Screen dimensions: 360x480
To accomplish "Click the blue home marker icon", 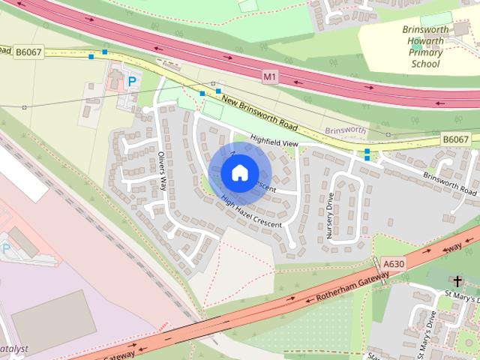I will pyautogui.click(x=238, y=172).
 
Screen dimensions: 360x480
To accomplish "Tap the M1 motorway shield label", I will pyautogui.click(x=270, y=76).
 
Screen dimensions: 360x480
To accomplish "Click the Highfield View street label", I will pyautogui.click(x=274, y=140).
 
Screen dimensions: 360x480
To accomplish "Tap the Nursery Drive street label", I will pyautogui.click(x=330, y=216).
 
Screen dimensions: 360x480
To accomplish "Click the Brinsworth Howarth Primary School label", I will pyautogui.click(x=425, y=46).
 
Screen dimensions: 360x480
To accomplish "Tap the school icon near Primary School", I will pyautogui.click(x=417, y=46).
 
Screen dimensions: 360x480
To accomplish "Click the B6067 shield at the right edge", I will pyautogui.click(x=455, y=139).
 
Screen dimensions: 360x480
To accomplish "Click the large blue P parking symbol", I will pyautogui.click(x=133, y=80).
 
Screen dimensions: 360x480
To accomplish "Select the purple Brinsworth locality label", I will pyautogui.click(x=345, y=130).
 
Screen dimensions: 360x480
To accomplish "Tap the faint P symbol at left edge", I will pyautogui.click(x=7, y=248).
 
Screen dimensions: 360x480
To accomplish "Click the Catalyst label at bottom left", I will pyautogui.click(x=13, y=349).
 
